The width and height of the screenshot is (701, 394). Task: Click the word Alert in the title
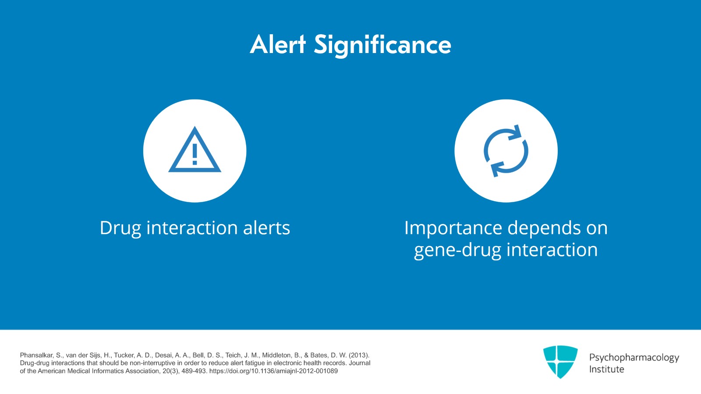[278, 44]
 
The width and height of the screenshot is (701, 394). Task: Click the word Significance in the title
[382, 46]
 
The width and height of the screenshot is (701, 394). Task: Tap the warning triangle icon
[195, 149]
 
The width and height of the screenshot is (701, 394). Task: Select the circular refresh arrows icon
[506, 151]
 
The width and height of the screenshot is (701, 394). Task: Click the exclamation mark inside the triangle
[195, 154]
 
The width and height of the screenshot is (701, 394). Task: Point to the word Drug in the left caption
[120, 228]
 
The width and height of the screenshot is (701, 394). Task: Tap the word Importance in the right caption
[453, 228]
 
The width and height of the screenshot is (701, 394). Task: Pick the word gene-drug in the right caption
[457, 251]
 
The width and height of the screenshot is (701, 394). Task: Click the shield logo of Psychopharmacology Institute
[560, 362]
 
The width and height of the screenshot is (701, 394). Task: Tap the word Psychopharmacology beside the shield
[634, 358]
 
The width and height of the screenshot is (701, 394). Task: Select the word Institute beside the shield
[606, 369]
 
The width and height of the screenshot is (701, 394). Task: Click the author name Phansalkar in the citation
[36, 355]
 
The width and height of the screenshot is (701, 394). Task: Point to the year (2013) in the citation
[359, 355]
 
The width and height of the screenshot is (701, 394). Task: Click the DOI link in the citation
[273, 371]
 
